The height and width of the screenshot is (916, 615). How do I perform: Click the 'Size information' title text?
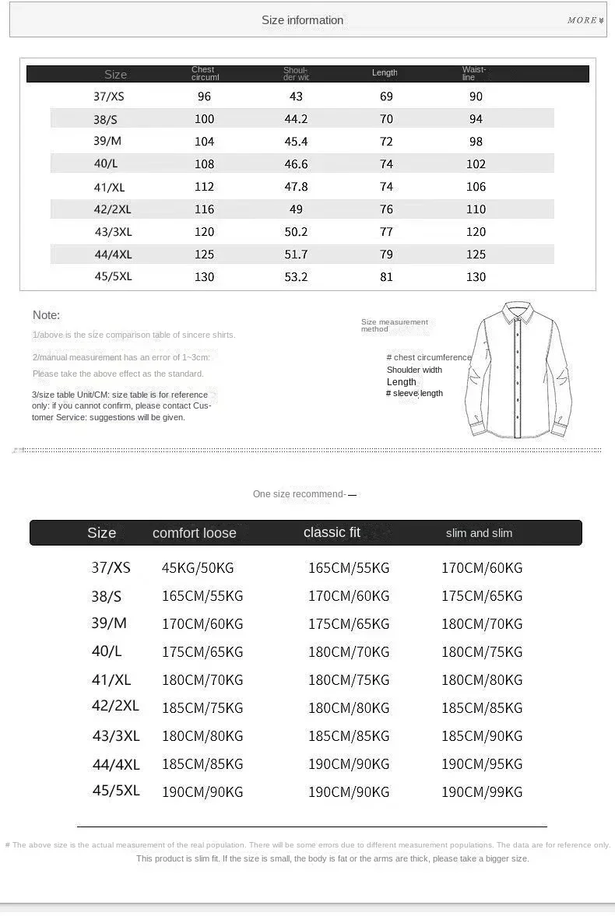302,21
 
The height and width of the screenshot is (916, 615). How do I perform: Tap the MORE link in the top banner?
585,20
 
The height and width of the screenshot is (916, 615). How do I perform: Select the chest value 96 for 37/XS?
204,97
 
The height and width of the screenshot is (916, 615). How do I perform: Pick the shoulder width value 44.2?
296,119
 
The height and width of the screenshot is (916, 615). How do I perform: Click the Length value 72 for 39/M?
386,142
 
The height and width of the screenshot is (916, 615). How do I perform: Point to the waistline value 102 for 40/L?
476,164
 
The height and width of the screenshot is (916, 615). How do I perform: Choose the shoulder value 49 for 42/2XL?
296,209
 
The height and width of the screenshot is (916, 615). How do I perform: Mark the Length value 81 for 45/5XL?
386,277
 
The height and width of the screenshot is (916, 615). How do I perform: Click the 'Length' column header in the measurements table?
385,73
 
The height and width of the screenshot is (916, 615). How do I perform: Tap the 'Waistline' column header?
473,73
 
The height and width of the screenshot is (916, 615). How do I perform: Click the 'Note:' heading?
46,315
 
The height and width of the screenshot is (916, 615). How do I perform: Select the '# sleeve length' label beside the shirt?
414,393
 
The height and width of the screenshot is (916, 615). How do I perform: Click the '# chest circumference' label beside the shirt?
429,357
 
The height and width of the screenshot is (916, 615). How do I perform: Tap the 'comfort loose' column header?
194,533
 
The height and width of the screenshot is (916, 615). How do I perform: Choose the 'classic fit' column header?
332,532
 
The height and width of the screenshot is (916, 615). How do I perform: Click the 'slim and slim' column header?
479,533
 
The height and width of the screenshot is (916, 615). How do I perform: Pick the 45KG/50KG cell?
198,568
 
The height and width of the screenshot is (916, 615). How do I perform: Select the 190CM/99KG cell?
482,792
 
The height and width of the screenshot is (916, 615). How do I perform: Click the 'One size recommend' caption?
299,494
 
